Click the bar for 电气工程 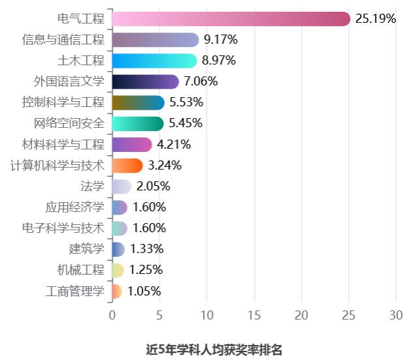[231, 19]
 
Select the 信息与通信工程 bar [155, 40]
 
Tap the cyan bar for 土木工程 [154, 61]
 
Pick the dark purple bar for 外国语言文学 [145, 82]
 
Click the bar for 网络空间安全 [138, 123]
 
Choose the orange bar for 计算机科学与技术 [127, 165]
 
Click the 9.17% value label [221, 40]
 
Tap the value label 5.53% [187, 102]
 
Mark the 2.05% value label [153, 186]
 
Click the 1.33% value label [147, 248]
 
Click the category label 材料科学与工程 [63, 144]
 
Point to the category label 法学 [93, 186]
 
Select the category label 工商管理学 [75, 290]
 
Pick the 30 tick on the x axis [395, 314]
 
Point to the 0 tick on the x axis [112, 314]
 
